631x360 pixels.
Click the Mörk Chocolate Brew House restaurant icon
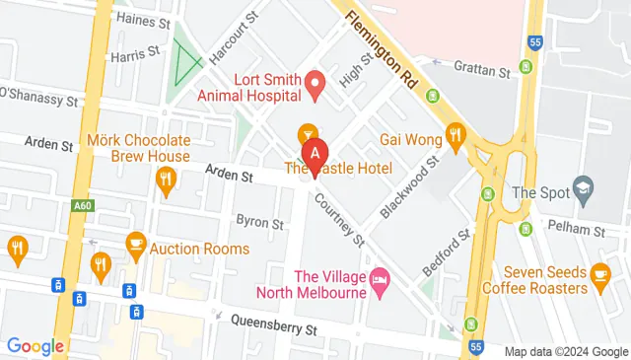(166, 180)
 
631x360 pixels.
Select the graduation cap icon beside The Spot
(584, 190)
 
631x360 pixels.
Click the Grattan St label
(481, 69)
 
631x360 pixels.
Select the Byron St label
(259, 221)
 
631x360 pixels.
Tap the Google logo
(35, 346)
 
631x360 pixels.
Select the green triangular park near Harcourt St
(185, 62)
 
